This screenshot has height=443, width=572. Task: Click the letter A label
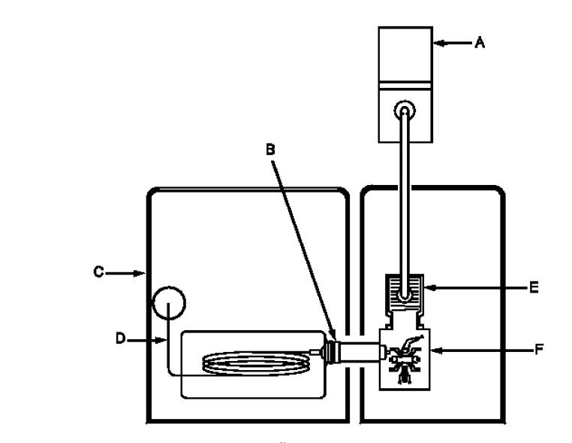(x=480, y=42)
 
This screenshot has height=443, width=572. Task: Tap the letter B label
(x=270, y=149)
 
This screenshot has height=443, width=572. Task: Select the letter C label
(x=98, y=272)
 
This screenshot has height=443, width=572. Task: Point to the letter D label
(x=120, y=338)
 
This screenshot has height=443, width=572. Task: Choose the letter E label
(x=534, y=287)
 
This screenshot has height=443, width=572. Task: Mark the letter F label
(x=539, y=350)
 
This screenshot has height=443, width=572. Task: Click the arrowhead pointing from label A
(x=440, y=43)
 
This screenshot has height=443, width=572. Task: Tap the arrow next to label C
(x=125, y=273)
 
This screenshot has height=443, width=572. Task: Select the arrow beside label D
(x=146, y=340)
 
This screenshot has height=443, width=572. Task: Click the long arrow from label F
(x=482, y=350)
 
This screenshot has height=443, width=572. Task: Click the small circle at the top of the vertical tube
(x=405, y=110)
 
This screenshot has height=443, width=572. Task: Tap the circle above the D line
(x=169, y=287)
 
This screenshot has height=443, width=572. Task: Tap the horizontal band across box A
(x=405, y=86)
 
